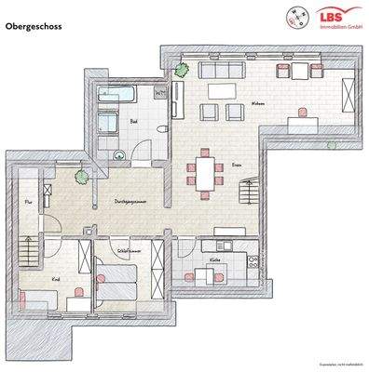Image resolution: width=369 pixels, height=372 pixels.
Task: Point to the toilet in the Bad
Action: point(160,129)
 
